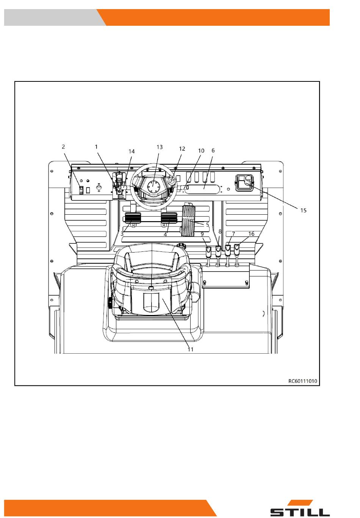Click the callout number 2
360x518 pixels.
(63, 147)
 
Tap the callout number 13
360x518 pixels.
(160, 147)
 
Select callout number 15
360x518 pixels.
(303, 211)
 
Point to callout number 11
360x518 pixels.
(190, 349)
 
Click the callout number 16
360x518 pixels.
(251, 234)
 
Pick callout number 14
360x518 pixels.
(131, 151)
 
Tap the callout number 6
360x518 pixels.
(213, 151)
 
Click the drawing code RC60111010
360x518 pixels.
(303, 381)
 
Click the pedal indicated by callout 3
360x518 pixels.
(133, 218)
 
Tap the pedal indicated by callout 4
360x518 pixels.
(169, 218)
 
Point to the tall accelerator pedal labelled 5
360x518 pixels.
(189, 220)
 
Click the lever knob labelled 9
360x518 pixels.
(208, 250)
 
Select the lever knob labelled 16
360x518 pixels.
(237, 249)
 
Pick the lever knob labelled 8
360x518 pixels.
(218, 250)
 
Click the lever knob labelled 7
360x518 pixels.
(228, 250)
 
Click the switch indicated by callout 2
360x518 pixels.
(81, 190)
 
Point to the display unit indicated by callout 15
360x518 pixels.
(244, 183)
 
